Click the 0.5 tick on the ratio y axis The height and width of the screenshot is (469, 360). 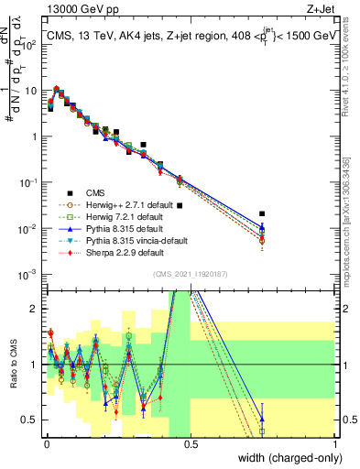[x=33, y=420]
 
